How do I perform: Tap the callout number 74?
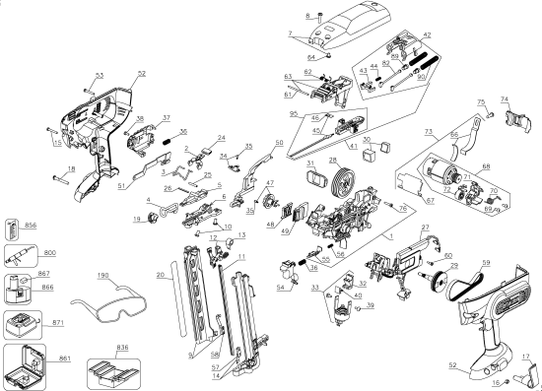point(507,100)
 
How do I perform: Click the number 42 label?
point(427,35)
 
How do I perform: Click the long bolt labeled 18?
point(55,178)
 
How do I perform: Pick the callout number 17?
point(524,357)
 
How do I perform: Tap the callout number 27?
point(426,228)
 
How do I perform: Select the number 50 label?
point(280,144)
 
